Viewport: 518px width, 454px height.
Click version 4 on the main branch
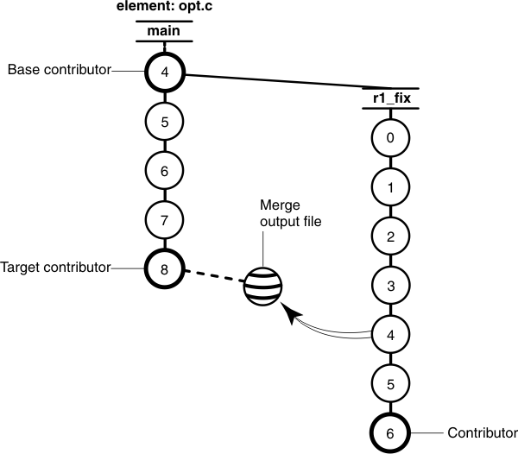pos(164,72)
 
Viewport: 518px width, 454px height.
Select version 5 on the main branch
pos(164,121)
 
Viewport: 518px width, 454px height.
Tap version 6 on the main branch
pos(164,170)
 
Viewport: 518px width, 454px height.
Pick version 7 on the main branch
pos(164,219)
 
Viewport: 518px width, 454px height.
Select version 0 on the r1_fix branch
pos(390,137)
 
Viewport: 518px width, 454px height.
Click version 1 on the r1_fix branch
pos(390,186)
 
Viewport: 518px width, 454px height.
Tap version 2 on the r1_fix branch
pos(390,236)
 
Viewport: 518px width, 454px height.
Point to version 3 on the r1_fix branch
pos(390,284)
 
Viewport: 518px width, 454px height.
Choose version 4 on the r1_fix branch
pos(390,333)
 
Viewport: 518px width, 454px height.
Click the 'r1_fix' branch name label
pos(390,98)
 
